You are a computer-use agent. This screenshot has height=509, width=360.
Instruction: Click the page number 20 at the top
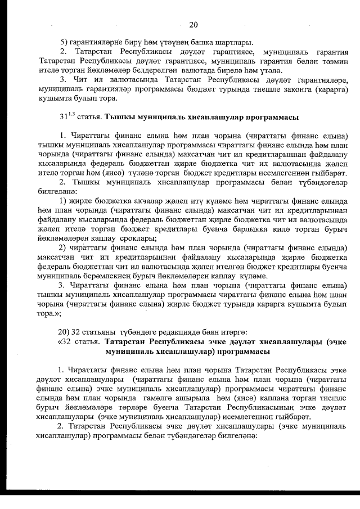pyautogui.click(x=193, y=24)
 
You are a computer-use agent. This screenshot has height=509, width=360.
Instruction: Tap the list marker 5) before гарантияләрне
pyautogui.click(x=64, y=43)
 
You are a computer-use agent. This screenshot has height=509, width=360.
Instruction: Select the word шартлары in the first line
pyautogui.click(x=235, y=43)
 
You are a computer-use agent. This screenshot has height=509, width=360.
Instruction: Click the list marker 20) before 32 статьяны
pyautogui.click(x=66, y=331)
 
